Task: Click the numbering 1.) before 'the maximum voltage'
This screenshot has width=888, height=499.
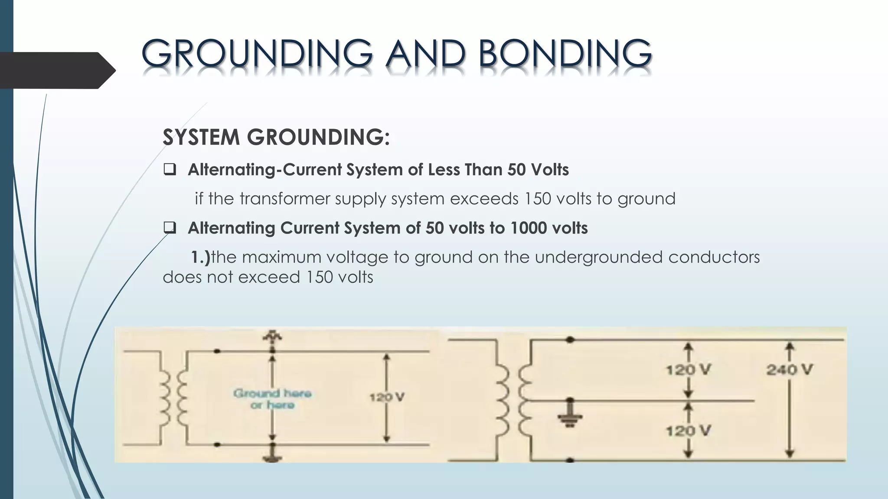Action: point(200,257)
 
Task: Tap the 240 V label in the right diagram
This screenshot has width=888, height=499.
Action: point(789,369)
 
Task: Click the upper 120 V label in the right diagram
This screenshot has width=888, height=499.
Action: point(688,369)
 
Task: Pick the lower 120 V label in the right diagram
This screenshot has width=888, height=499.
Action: point(688,431)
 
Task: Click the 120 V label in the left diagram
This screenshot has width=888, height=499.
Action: point(387,397)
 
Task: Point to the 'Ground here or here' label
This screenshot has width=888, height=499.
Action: point(272,399)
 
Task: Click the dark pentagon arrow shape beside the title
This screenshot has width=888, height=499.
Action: point(56,70)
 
